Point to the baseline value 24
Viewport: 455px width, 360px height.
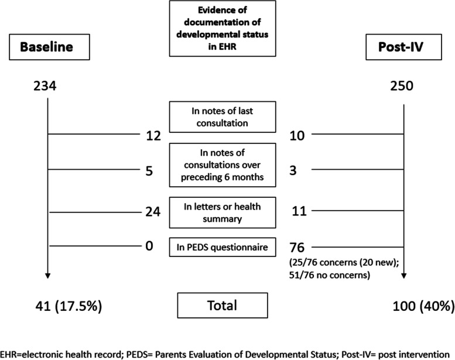pos(153,211)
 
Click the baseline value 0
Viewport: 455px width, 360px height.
pos(149,246)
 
